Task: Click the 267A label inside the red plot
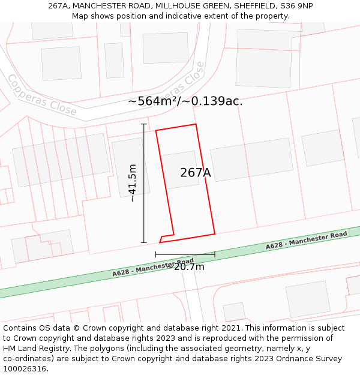[196, 173]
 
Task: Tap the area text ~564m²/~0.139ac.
[185, 101]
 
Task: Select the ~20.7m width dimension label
[188, 267]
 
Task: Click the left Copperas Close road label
[42, 95]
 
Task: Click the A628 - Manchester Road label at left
[153, 267]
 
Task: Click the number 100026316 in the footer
[25, 369]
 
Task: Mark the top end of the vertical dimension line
[144, 124]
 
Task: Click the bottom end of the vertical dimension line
[144, 242]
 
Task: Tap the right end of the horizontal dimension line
[215, 254]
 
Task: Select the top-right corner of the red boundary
[196, 125]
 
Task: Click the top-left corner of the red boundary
[156, 130]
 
